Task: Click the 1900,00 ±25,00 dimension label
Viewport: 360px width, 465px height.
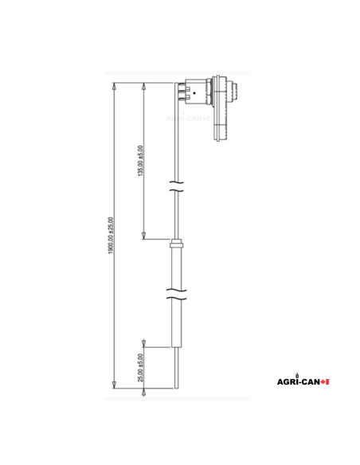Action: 112,236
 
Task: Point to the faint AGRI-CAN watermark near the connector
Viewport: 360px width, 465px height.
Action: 188,118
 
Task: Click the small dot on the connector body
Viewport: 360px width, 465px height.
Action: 194,93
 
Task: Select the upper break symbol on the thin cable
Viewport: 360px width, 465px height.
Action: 177,190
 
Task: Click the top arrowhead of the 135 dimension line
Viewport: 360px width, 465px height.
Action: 143,86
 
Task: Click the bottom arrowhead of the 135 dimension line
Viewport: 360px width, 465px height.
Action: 143,235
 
